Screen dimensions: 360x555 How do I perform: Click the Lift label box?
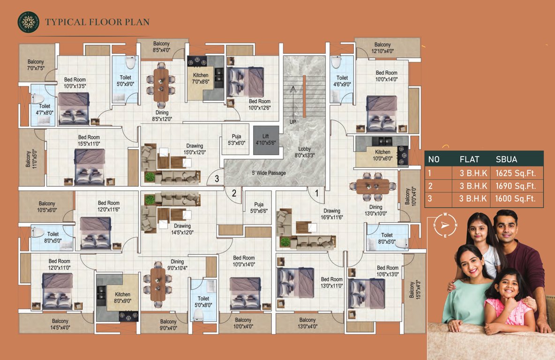pos(266,139)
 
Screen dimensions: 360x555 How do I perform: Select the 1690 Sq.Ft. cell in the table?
pos(515,186)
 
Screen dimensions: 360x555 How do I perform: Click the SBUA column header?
pos(507,159)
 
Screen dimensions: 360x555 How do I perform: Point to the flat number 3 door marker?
pos(217,178)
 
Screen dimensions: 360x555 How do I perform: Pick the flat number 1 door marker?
pos(316,192)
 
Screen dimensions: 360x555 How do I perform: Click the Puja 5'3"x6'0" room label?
pos(236,140)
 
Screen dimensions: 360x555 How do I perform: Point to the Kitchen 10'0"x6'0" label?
pos(382,155)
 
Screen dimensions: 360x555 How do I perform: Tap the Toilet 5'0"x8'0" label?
pos(203,301)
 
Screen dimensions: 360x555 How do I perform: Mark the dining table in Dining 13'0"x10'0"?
pos(373,186)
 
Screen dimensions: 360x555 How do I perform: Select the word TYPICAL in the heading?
pos(66,22)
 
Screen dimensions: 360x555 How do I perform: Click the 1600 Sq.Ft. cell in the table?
pos(515,199)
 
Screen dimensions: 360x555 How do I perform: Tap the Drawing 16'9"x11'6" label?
pos(331,214)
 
